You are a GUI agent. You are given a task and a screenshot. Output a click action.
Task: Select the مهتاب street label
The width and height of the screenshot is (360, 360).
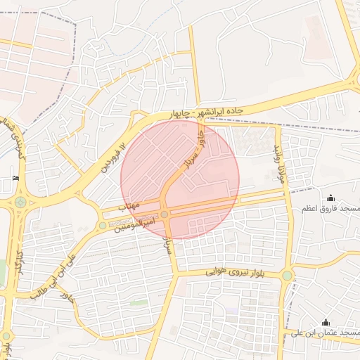[x=131, y=206]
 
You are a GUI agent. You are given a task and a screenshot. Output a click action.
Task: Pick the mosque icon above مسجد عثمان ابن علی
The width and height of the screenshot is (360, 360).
[x=325, y=323]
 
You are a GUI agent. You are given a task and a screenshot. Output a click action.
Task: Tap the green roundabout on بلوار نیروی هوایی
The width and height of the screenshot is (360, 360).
[x=287, y=275]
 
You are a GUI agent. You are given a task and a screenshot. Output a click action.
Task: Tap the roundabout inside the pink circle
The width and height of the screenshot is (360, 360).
[x=165, y=214]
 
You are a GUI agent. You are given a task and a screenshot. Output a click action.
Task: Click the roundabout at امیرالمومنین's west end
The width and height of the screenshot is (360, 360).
[x=103, y=226]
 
